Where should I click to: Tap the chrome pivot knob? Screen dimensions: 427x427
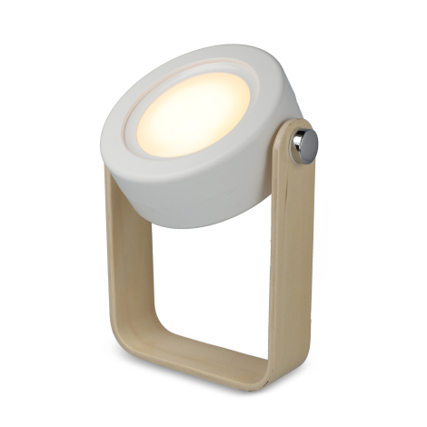303,145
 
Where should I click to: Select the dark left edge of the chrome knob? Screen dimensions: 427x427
293,147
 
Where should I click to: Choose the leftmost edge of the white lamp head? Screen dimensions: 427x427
103,136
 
